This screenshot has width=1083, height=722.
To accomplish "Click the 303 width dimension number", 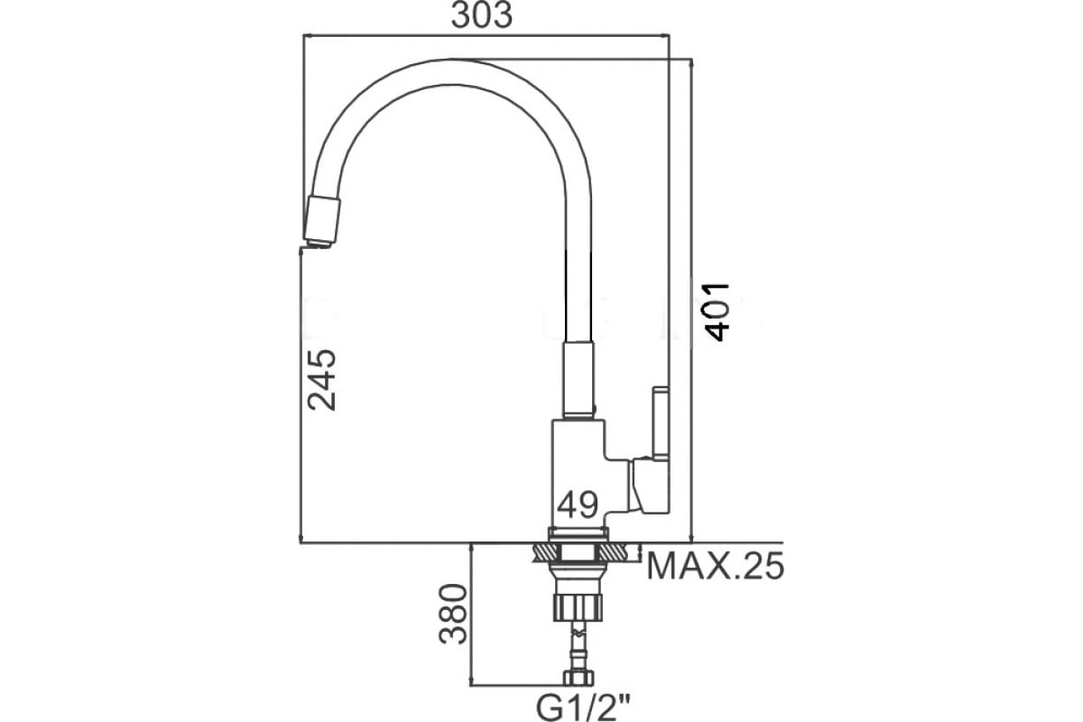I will pyautogui.click(x=481, y=15).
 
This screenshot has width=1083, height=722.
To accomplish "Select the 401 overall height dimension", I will pyautogui.click(x=717, y=311).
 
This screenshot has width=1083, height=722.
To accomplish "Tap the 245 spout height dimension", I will pyautogui.click(x=321, y=379).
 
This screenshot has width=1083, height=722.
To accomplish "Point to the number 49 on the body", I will pyautogui.click(x=578, y=502).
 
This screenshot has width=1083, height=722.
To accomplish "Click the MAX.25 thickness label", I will pyautogui.click(x=716, y=567).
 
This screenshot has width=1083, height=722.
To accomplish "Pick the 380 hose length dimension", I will pyautogui.click(x=453, y=614).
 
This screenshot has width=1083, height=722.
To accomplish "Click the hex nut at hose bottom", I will pyautogui.click(x=578, y=678).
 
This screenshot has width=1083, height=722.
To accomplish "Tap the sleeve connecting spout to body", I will pyautogui.click(x=579, y=379).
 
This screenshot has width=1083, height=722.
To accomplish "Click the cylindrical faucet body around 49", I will pyautogui.click(x=578, y=474).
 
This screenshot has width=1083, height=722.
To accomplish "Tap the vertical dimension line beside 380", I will pyautogui.click(x=472, y=614).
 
